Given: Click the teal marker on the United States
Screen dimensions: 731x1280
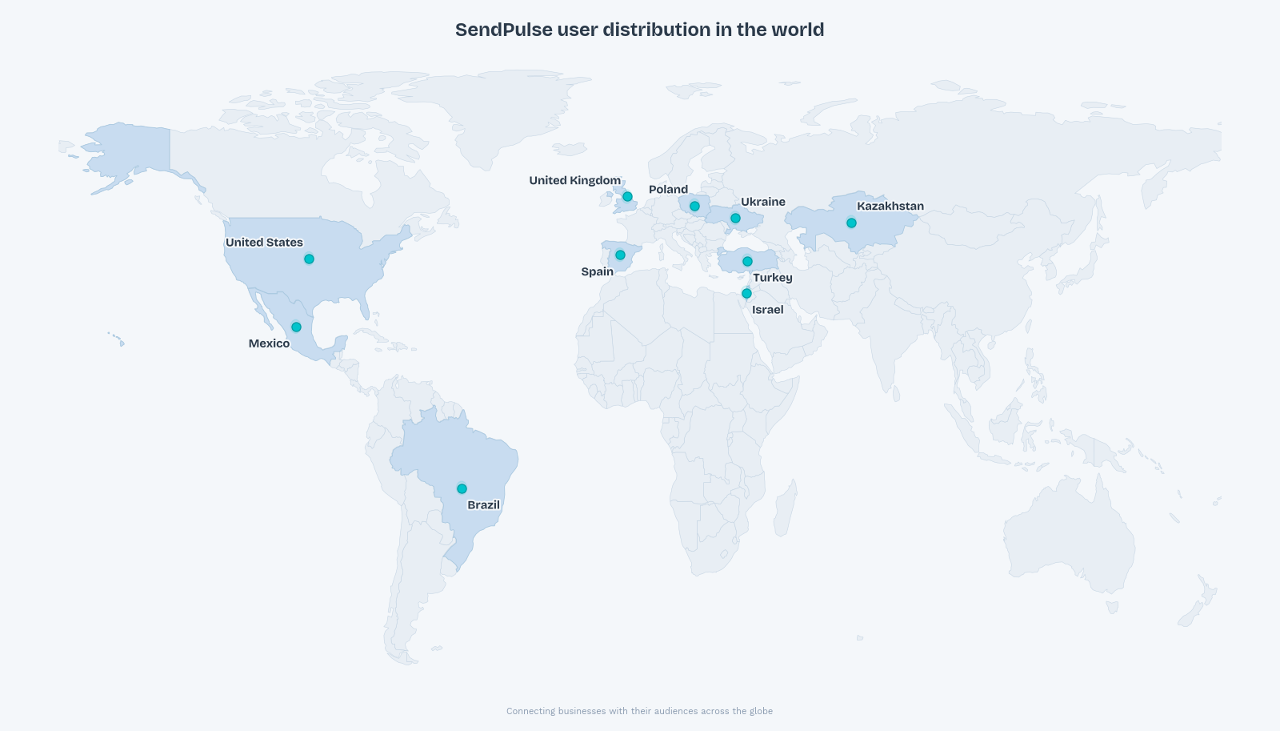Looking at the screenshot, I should tap(309, 259).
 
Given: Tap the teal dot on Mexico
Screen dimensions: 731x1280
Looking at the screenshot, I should tap(296, 327).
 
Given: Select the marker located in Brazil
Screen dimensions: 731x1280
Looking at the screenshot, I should tap(462, 488).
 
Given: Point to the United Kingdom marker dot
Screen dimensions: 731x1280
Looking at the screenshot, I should tap(627, 196).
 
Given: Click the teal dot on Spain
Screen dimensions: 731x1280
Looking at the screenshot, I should tap(620, 255).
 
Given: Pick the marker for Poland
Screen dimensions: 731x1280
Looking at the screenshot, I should tap(694, 206).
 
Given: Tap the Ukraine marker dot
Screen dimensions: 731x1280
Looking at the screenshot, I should tap(735, 218).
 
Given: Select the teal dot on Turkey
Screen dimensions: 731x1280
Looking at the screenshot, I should tap(747, 261).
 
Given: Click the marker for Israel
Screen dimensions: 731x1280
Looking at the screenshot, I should tap(746, 293).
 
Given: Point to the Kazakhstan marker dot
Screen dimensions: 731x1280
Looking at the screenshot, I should tap(851, 223).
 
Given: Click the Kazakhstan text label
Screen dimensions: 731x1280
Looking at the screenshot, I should tap(890, 206).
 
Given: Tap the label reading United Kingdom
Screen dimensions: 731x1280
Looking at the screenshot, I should tap(574, 180).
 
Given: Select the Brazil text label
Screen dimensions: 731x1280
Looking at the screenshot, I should tap(483, 504).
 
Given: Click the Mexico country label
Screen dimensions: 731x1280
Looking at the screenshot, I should tap(269, 343).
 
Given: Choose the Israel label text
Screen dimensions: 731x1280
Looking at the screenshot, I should tap(767, 310).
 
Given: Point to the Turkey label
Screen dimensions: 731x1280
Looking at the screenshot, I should tap(772, 278).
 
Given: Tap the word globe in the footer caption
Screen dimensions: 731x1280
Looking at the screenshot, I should tap(761, 711).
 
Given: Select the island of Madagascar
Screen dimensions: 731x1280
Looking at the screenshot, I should tap(785, 508).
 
